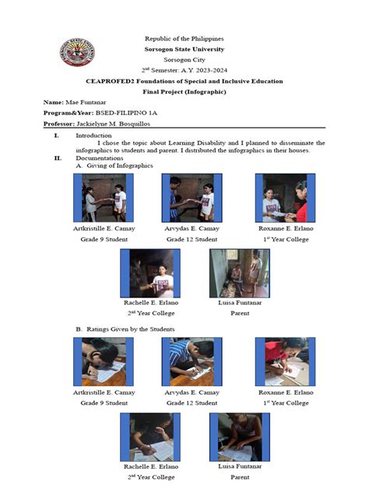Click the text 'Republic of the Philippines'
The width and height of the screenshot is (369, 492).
click(184, 38)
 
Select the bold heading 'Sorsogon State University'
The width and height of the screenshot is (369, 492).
click(184, 48)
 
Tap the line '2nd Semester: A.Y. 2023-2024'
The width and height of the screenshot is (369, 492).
click(184, 69)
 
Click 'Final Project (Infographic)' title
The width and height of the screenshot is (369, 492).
click(184, 91)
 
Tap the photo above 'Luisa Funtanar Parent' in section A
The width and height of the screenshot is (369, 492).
click(240, 273)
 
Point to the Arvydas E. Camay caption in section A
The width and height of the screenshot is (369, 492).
click(192, 229)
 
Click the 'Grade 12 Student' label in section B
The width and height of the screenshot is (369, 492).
click(192, 402)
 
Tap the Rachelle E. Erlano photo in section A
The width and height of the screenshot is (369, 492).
click(151, 273)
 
